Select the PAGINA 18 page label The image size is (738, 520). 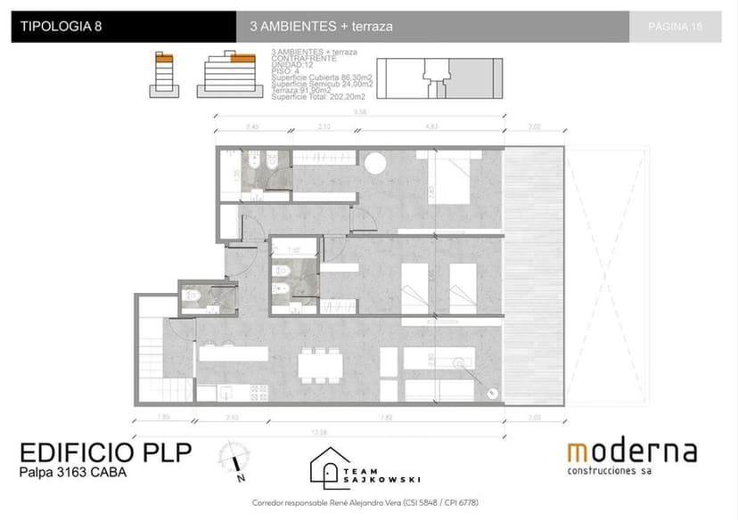676,27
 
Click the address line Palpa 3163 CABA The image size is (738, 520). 73,473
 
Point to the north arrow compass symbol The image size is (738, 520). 236,458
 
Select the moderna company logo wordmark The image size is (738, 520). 632,451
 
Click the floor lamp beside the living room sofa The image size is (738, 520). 491,393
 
